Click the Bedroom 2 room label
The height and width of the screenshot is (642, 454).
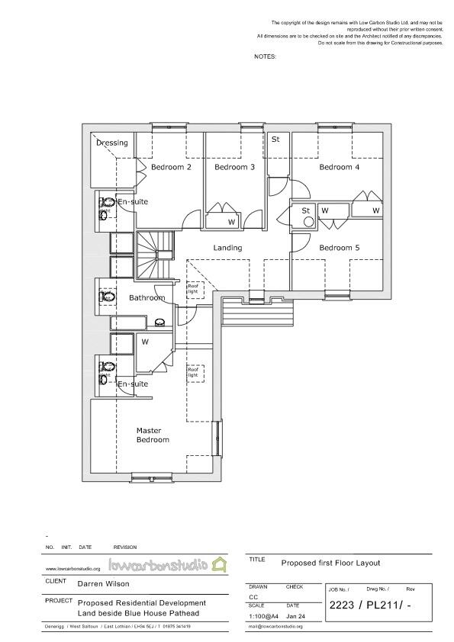click(171, 167)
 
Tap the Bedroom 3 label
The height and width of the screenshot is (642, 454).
click(234, 167)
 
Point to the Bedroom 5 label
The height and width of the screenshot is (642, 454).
click(340, 248)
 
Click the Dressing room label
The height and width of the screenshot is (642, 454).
click(112, 143)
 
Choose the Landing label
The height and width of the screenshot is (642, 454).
click(227, 248)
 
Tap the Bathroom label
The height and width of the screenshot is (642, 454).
click(147, 297)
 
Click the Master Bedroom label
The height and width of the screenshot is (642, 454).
click(153, 435)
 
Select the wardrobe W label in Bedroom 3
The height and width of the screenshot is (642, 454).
click(231, 223)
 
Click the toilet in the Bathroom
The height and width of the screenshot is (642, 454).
click(107, 297)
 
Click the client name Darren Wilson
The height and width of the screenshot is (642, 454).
click(104, 585)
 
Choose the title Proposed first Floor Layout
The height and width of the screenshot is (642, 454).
click(330, 563)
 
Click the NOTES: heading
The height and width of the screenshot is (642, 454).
click(265, 56)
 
